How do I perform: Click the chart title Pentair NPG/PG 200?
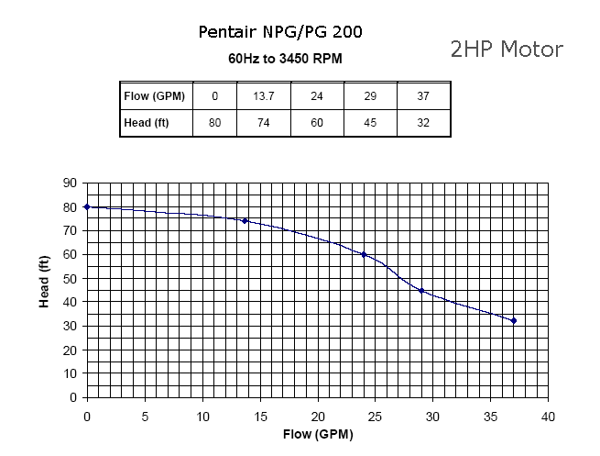pos(279,33)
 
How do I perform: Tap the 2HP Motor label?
pos(507,49)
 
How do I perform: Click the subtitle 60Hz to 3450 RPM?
pos(286,59)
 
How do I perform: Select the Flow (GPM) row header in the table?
pos(156,95)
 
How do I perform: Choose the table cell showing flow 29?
pos(371,95)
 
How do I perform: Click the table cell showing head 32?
pos(422,122)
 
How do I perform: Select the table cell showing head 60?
pos(317,122)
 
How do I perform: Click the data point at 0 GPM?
pos(87,206)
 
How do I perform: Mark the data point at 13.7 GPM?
pos(245,221)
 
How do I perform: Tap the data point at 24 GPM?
pos(364,254)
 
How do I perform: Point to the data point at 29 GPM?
pos(421,290)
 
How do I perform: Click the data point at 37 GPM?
pos(514,321)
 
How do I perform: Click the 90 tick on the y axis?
pos(70,184)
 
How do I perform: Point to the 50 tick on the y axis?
pos(70,279)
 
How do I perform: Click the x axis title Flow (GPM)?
pos(317,434)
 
